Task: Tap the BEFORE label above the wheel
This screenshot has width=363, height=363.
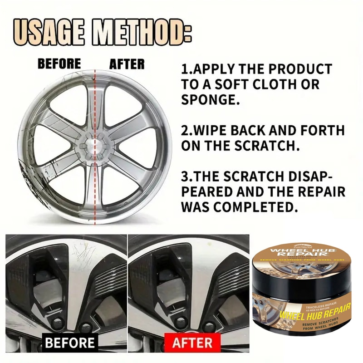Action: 59,64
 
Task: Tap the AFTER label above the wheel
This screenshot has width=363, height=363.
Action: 127,64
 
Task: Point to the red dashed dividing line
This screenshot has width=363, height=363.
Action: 95,191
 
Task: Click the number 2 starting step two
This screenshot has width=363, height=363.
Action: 185,131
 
